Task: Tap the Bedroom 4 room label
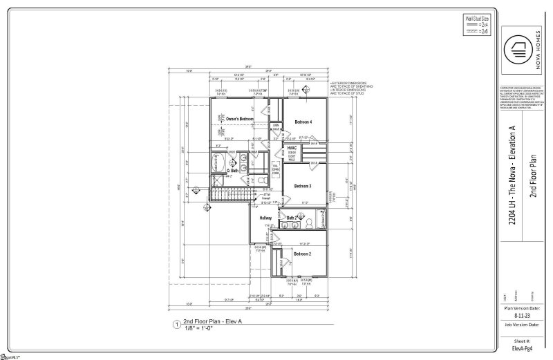[x=303, y=122]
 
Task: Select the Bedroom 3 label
[x=302, y=187]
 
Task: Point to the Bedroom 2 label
[x=303, y=254]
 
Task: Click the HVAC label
[x=292, y=148]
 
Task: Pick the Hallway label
[x=265, y=219]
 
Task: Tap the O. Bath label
[x=234, y=171]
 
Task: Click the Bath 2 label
[x=291, y=219]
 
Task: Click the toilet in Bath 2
[x=310, y=222]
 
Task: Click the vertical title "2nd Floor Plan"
[x=533, y=180]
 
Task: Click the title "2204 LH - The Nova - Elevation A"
[x=512, y=180]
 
